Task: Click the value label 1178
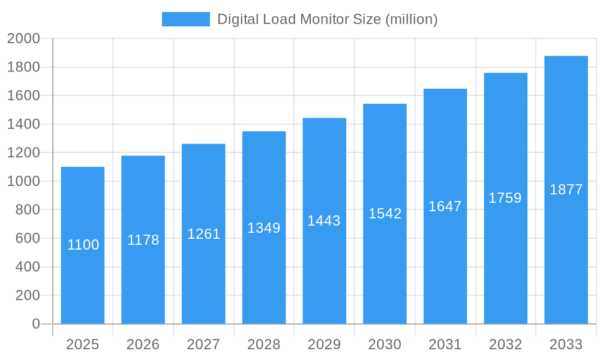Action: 143,240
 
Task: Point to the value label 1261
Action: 204,234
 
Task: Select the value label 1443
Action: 324,221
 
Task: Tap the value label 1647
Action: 445,206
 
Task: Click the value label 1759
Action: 505,198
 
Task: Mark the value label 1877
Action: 566,190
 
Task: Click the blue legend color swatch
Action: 186,19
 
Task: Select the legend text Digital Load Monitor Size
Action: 327,19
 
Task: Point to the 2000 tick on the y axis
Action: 23,38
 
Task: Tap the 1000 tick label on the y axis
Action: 23,181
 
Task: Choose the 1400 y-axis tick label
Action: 23,124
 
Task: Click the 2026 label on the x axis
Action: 143,344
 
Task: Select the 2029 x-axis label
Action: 324,344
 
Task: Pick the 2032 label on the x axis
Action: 505,344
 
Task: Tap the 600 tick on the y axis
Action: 27,238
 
